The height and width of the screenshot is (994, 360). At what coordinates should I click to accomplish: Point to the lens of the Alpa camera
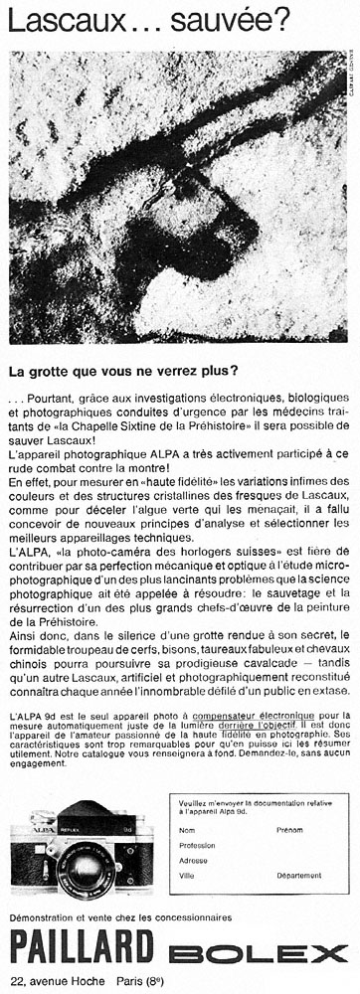coord(81,867)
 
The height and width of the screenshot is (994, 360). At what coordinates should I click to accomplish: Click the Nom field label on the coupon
coord(187,829)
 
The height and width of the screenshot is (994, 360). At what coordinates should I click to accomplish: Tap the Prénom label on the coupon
coord(289,829)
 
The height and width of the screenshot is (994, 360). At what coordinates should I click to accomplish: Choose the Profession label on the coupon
coord(197,845)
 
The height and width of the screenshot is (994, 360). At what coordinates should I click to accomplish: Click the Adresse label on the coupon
coord(193,861)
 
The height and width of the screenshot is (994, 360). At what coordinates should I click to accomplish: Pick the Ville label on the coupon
coord(187,876)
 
